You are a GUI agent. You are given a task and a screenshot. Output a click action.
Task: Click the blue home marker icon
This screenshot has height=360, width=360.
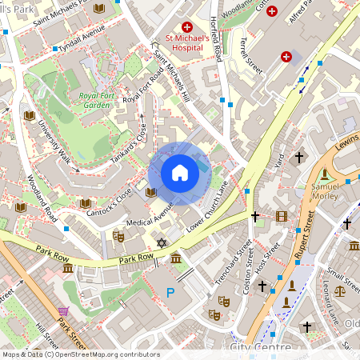click(x=179, y=173)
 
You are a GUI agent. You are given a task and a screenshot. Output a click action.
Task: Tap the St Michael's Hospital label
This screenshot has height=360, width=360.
click(x=187, y=42)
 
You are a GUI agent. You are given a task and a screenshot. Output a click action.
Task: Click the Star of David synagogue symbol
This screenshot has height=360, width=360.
click(x=162, y=242)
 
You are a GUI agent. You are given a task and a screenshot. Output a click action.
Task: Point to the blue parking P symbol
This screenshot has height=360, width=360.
click(x=169, y=294)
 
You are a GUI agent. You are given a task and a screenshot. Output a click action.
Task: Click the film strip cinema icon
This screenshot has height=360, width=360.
click(x=281, y=216)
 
